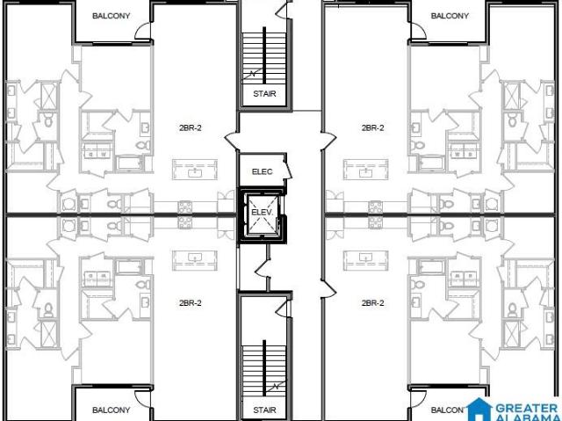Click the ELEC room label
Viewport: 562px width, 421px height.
(x=262, y=171)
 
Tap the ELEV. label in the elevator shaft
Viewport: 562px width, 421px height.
(x=262, y=212)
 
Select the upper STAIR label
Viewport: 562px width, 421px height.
(x=264, y=93)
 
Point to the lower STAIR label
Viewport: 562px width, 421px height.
(x=264, y=410)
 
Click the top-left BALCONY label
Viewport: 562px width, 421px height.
(x=112, y=16)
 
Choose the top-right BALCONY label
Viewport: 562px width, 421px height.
(x=450, y=16)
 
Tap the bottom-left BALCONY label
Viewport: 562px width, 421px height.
(x=112, y=410)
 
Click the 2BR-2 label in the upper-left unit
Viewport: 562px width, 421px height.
(x=191, y=127)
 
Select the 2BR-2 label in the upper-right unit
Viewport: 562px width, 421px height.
(x=372, y=127)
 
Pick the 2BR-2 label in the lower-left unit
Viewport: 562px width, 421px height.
(x=191, y=303)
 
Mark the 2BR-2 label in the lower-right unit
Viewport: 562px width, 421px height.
(x=372, y=303)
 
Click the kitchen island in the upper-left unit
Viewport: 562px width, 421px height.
(x=195, y=170)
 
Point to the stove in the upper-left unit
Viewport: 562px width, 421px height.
(x=185, y=207)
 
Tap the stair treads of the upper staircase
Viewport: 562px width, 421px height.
(x=264, y=58)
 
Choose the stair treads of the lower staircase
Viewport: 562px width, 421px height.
(x=264, y=371)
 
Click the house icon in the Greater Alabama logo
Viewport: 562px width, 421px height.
(x=479, y=410)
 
